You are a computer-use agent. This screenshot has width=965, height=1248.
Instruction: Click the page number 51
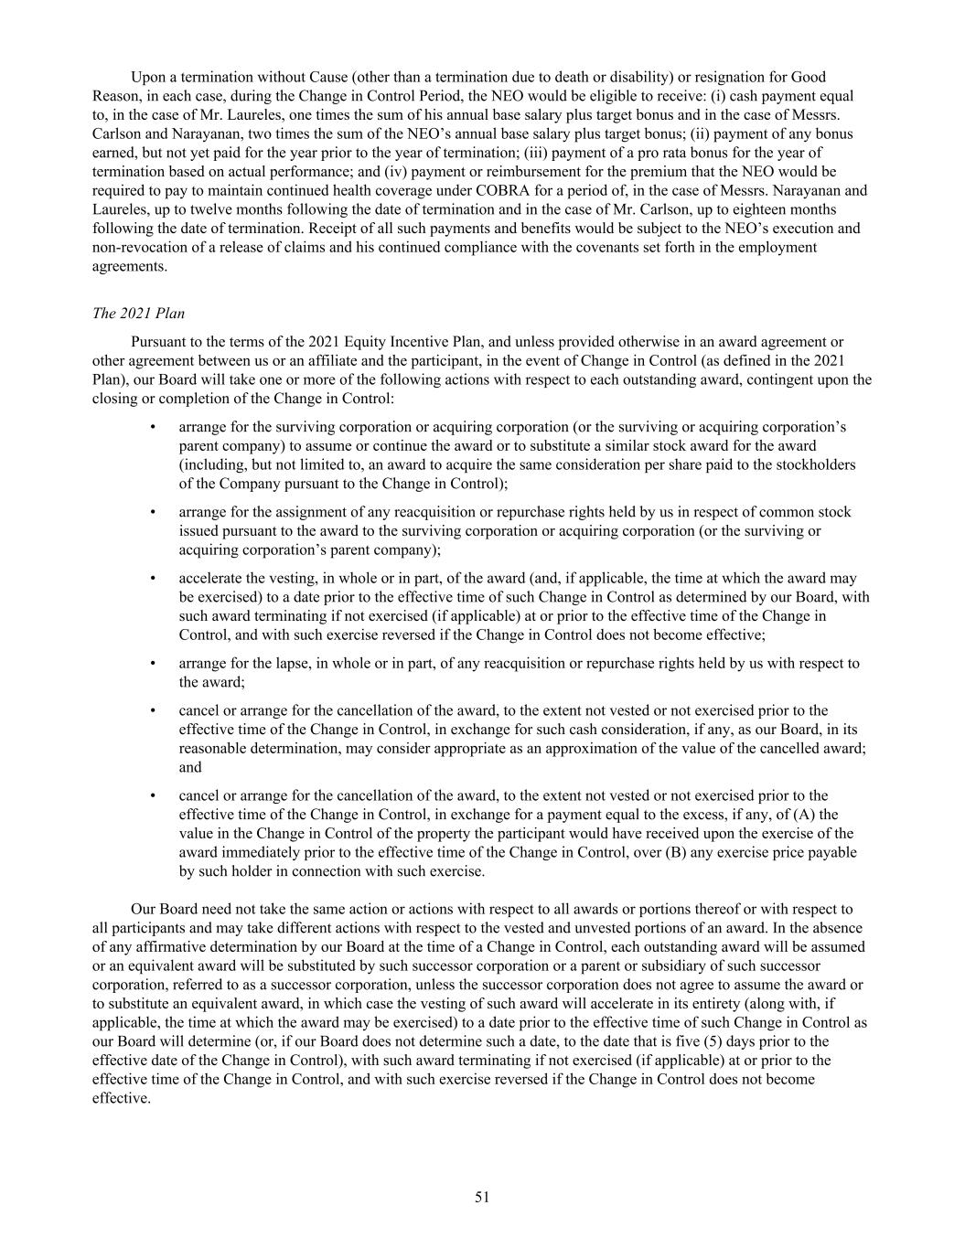[482, 1197]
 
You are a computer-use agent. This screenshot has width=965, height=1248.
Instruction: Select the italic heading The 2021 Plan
[138, 314]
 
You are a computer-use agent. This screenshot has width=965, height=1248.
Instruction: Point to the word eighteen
[751, 209]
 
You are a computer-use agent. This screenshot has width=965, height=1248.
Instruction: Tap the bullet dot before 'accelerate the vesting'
[154, 578]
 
